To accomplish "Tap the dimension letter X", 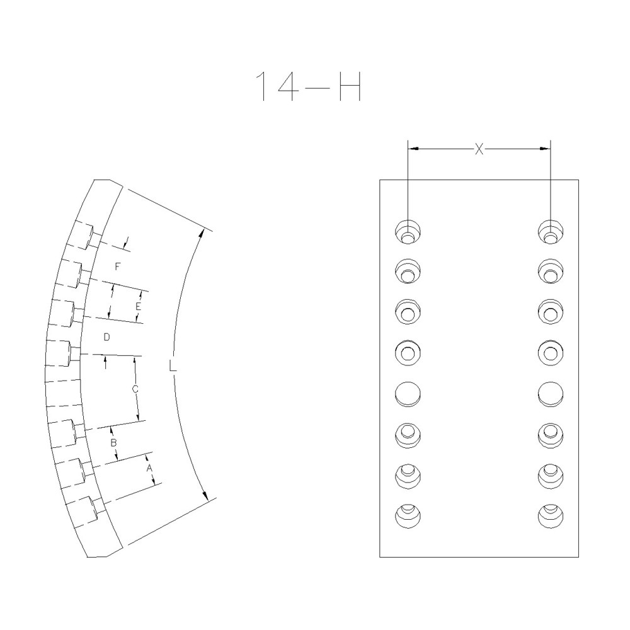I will click(479, 149).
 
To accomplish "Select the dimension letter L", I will click(173, 365).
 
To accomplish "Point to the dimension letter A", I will click(149, 469).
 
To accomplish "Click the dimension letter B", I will click(114, 443).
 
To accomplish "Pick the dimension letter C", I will click(135, 389).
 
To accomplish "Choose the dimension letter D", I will click(107, 338).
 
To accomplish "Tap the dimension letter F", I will click(117, 267).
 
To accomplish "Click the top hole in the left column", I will click(408, 232).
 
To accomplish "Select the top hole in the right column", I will click(551, 232).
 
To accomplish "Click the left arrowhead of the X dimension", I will click(413, 149).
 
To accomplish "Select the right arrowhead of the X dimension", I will click(546, 149).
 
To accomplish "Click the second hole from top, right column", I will click(551, 271).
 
